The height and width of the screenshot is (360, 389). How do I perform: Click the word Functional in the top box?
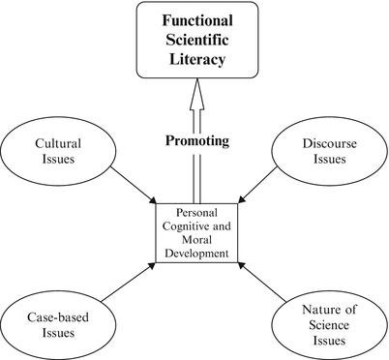click(194, 20)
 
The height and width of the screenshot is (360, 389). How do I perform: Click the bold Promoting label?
click(197, 140)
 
